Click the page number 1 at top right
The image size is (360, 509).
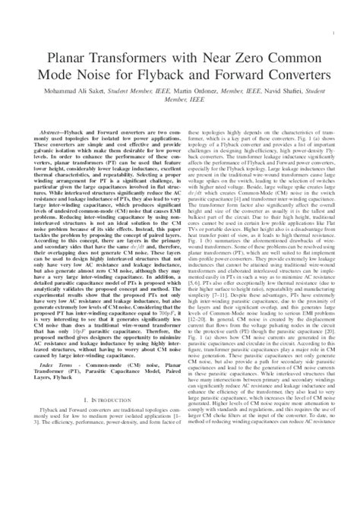pyautogui.click(x=334, y=34)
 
